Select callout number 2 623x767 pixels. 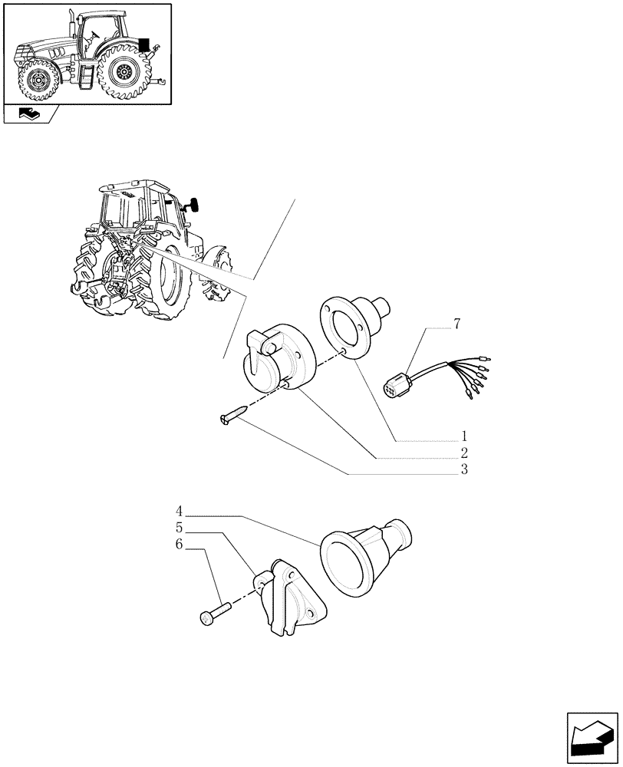465,453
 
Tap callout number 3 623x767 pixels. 465,469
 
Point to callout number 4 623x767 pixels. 179,511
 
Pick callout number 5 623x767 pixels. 179,528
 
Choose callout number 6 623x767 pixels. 179,545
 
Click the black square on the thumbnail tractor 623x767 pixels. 144,44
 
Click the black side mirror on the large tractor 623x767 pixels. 193,205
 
